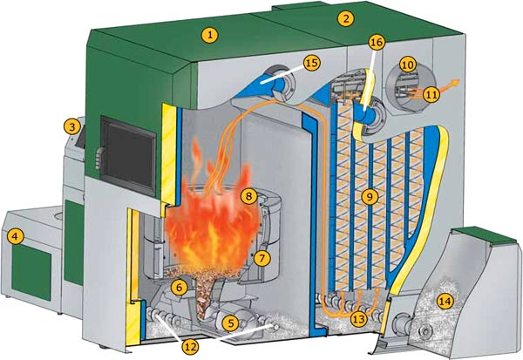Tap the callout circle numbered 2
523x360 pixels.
coord(346,17)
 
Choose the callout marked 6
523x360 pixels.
coord(179,286)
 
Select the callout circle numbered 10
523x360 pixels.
coord(407,64)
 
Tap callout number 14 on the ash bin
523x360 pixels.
coord(446,302)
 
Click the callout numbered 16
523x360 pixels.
coord(376,41)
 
